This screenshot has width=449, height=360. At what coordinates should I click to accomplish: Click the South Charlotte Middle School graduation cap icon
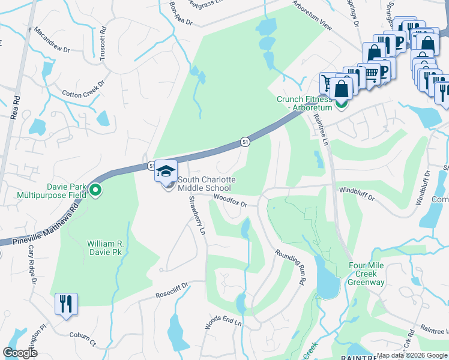[166, 172]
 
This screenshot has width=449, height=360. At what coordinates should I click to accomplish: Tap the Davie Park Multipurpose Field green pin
[95, 191]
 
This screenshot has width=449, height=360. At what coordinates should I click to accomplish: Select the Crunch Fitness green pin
[341, 103]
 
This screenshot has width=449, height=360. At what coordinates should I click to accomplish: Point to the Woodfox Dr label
[231, 201]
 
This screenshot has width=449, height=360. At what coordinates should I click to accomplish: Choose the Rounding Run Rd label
[291, 267]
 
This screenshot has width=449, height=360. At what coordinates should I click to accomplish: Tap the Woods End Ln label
[223, 322]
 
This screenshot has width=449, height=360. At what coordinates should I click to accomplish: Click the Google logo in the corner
[20, 352]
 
